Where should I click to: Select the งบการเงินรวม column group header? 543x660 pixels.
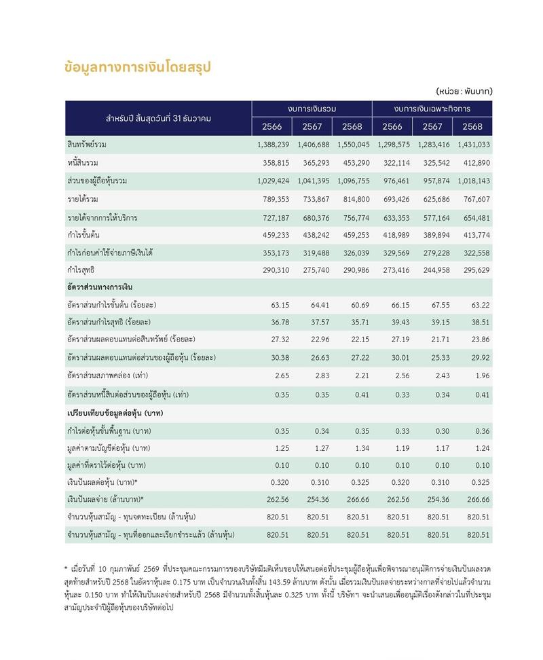coord(312,109)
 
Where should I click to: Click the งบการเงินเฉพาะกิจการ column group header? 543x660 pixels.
coord(432,109)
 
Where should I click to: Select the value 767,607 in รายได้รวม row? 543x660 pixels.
coord(474,200)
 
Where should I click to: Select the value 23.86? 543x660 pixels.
coord(479,340)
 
